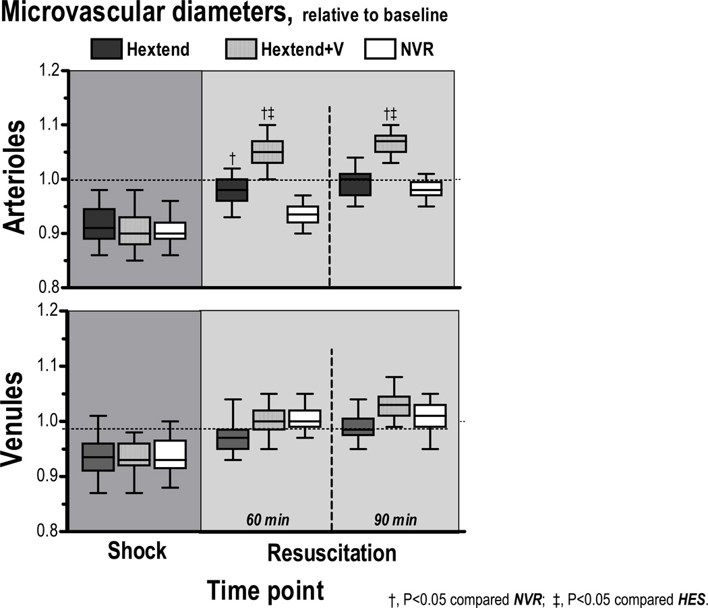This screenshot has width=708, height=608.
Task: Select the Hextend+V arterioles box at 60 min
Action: coord(267,152)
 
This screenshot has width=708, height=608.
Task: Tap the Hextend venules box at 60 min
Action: coord(231,439)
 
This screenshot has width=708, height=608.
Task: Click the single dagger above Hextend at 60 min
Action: coord(232,157)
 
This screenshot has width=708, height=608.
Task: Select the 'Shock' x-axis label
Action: coord(137,551)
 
